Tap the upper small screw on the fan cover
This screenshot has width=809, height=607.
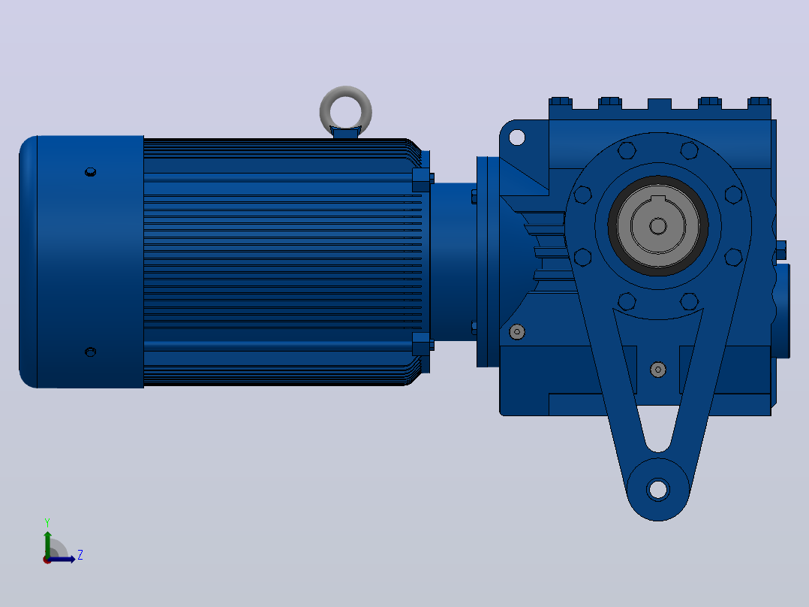pos(90,171)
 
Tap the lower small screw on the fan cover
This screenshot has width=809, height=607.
pos(90,352)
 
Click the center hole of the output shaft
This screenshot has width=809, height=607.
pos(658,226)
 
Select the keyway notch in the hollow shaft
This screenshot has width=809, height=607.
pos(658,200)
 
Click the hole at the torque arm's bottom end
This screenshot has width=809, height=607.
pos(658,489)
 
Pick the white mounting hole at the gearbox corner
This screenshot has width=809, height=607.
pos(517,137)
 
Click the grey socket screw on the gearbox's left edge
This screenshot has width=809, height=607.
pos(517,331)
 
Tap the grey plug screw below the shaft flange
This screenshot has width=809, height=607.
pos(658,370)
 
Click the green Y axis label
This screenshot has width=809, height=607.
pos(47,523)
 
